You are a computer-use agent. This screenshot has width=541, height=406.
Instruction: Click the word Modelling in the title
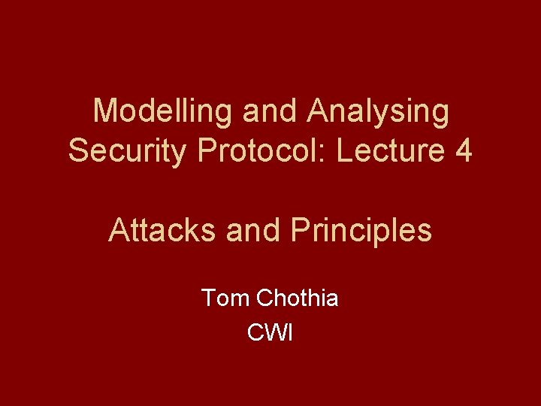pyautogui.click(x=163, y=112)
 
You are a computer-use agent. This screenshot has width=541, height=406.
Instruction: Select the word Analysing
pyautogui.click(x=378, y=112)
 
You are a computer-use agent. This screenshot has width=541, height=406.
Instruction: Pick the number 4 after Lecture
pyautogui.click(x=464, y=151)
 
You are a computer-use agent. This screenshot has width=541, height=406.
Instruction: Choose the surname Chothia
pyautogui.click(x=297, y=298)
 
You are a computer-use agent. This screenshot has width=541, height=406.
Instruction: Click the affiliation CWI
pyautogui.click(x=270, y=332)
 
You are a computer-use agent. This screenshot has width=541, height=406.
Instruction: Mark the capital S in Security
pyautogui.click(x=77, y=151)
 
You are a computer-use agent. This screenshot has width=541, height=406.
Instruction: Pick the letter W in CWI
pyautogui.click(x=271, y=332)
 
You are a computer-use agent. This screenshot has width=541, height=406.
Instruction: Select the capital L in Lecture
pyautogui.click(x=343, y=151)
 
